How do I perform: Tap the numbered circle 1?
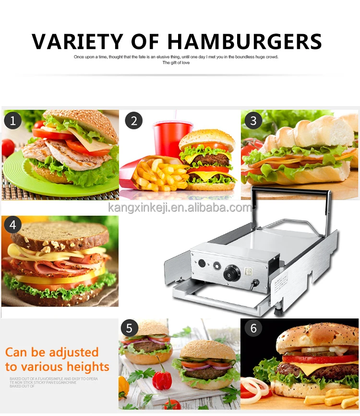(13, 121)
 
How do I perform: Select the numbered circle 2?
(134, 121)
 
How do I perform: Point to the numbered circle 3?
(253, 121)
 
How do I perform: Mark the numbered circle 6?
(253, 329)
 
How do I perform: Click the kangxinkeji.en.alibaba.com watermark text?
(180, 208)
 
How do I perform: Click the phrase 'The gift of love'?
(176, 63)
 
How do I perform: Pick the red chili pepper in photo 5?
(162, 379)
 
